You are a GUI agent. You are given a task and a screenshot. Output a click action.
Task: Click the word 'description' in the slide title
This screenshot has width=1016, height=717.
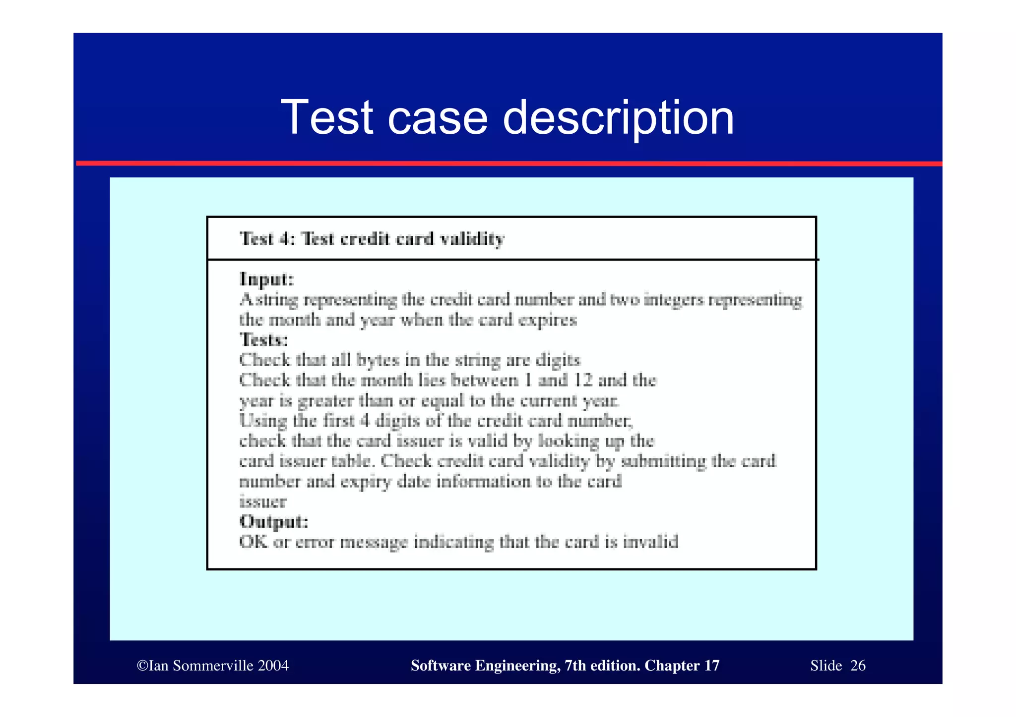point(618,118)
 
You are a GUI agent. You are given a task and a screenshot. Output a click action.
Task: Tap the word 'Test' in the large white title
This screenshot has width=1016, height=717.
point(327,117)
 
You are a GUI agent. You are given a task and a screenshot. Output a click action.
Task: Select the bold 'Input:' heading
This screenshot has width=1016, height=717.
point(267,279)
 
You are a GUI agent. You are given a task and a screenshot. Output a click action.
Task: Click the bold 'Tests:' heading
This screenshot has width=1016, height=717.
point(263,340)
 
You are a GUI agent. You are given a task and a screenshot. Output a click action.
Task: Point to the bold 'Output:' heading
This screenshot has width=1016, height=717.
point(274,521)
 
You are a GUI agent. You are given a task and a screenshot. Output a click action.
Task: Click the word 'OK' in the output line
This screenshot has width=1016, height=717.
point(254,542)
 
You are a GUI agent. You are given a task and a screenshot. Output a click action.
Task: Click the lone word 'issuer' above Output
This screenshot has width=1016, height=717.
point(262,501)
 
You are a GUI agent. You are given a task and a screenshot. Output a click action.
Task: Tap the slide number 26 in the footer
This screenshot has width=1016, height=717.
point(858,665)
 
